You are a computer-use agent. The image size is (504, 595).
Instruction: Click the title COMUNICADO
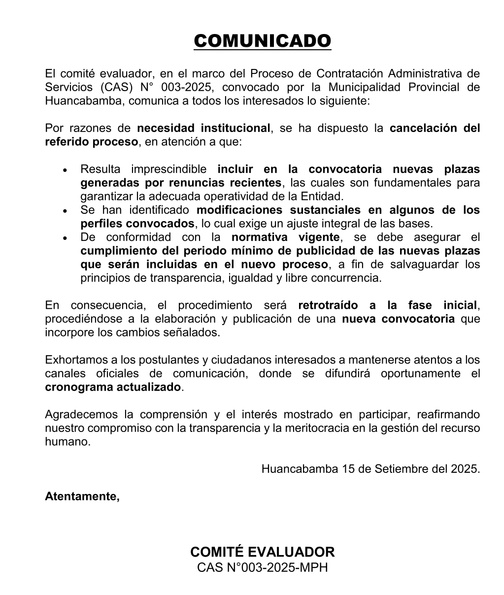(262, 41)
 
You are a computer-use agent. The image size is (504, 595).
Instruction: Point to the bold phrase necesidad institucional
(203, 128)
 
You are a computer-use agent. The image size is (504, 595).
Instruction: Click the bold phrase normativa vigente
(286, 237)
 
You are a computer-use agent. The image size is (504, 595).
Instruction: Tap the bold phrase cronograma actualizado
(113, 387)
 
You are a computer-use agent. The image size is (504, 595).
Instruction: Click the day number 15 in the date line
(348, 468)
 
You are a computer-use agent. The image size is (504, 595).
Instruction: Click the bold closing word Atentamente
(82, 496)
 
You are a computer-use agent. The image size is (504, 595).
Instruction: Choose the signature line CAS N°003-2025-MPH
(262, 567)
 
